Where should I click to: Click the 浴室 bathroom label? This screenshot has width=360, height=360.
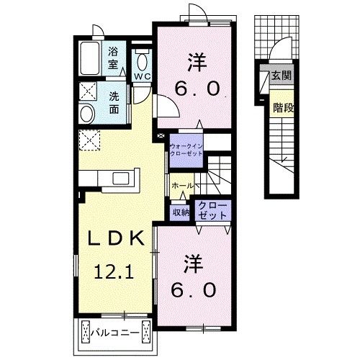[114, 58]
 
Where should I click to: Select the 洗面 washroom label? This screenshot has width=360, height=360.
[114, 104]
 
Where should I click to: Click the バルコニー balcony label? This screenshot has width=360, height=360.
[114, 333]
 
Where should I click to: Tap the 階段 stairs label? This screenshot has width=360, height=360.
[282, 109]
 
